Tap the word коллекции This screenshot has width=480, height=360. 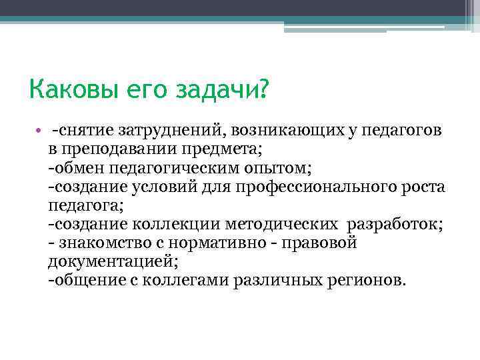click(170, 223)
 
